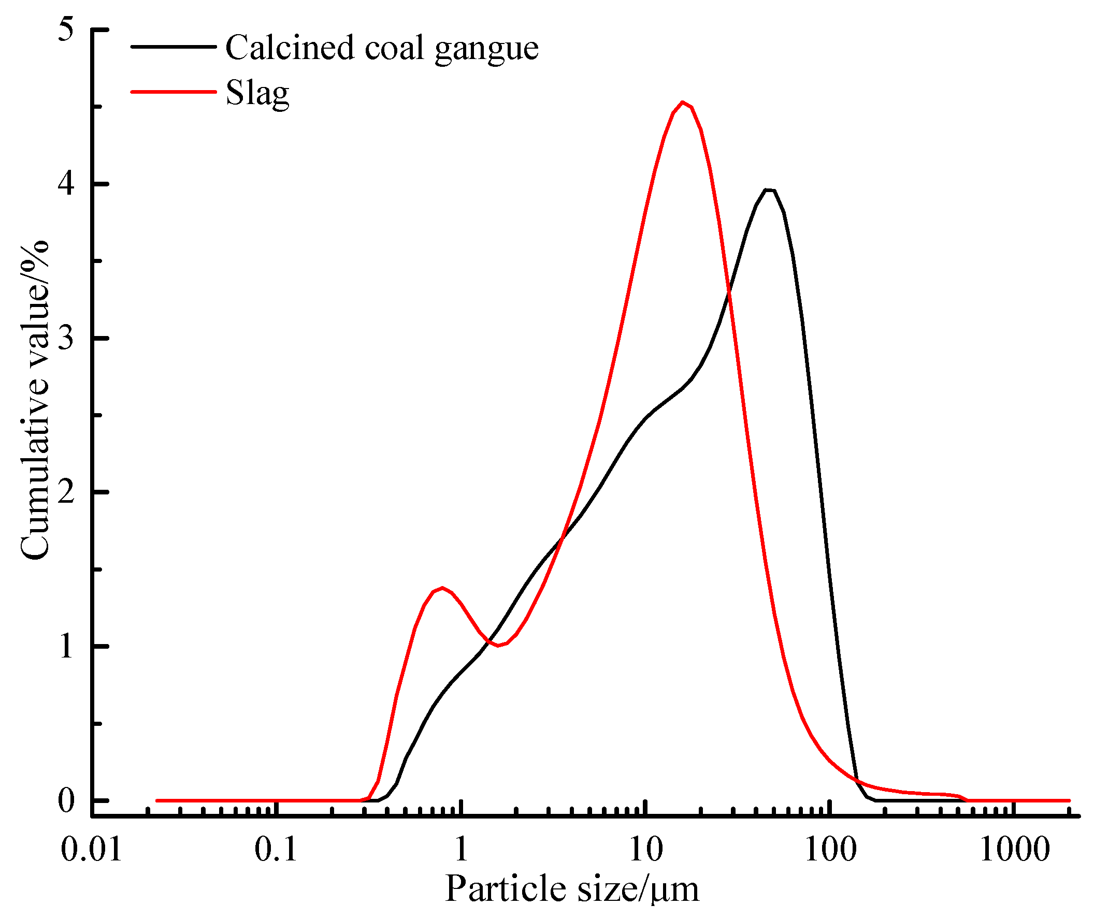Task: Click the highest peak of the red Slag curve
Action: [x=682, y=103]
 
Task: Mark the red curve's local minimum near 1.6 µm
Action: [x=499, y=646]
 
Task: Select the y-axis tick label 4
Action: [x=66, y=184]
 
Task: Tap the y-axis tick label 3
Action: [x=66, y=338]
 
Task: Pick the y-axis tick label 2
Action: [x=66, y=492]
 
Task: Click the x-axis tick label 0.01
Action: [x=91, y=850]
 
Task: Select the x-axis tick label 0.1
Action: [x=276, y=850]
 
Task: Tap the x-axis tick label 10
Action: [x=646, y=850]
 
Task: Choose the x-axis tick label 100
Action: [x=830, y=850]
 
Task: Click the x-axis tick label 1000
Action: [x=1015, y=850]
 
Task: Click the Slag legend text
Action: [x=257, y=94]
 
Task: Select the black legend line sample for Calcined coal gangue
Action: [x=173, y=47]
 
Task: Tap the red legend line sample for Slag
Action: [x=173, y=92]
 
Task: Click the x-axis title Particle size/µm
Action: [x=572, y=890]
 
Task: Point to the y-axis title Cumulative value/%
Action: [x=35, y=401]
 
